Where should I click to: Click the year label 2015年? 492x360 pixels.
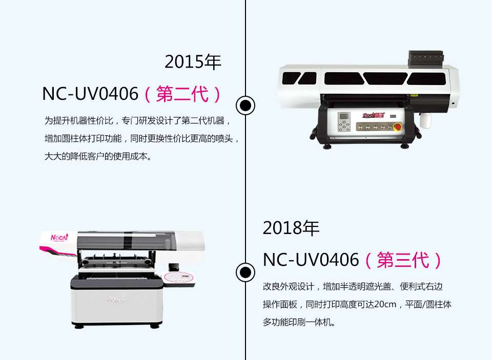(x=193, y=62)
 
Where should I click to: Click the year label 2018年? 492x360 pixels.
(x=291, y=228)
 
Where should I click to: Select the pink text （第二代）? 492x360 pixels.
(x=183, y=94)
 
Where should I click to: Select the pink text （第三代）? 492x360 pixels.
(x=403, y=260)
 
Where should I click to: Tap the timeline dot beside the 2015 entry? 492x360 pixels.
(x=245, y=105)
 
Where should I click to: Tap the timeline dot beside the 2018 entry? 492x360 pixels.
(x=245, y=271)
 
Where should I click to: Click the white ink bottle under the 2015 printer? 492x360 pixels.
(x=425, y=121)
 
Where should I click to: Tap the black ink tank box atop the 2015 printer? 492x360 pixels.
(x=425, y=58)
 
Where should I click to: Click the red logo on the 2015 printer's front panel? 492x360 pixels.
(x=374, y=115)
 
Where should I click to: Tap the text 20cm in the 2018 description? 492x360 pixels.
(x=386, y=305)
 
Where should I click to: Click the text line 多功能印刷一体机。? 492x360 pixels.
(x=299, y=323)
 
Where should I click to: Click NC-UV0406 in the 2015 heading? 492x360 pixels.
(x=90, y=94)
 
